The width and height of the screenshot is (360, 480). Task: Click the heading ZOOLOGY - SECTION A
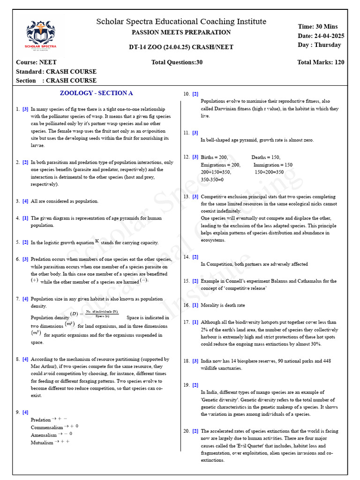(x=97, y=93)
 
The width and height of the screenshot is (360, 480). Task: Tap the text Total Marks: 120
(x=321, y=62)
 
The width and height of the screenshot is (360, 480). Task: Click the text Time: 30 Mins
(x=317, y=27)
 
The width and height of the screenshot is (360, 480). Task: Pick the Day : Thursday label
(x=319, y=45)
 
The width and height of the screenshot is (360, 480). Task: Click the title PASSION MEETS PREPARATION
(x=181, y=32)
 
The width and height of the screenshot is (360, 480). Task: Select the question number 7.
(x=17, y=299)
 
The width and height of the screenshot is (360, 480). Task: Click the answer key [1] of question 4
(x=25, y=218)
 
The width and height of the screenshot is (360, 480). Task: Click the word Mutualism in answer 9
(x=42, y=442)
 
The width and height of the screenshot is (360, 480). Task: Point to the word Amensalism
(x=44, y=435)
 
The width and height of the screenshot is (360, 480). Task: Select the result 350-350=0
(x=212, y=180)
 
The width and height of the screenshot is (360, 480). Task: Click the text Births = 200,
(x=214, y=157)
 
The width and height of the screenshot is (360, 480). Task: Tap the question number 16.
(x=187, y=305)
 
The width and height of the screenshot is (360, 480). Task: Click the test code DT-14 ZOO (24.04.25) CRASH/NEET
(x=181, y=47)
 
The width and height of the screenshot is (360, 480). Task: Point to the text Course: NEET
(x=36, y=62)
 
